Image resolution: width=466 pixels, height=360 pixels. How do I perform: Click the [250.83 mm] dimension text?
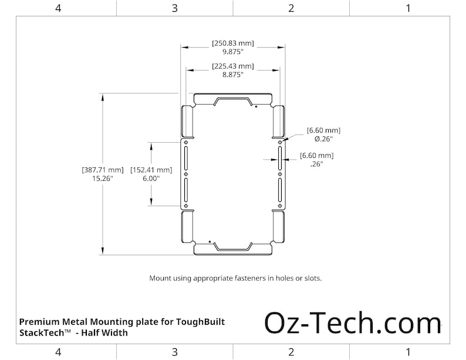pyautogui.click(x=233, y=43)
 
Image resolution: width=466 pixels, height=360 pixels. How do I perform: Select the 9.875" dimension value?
pyautogui.click(x=233, y=52)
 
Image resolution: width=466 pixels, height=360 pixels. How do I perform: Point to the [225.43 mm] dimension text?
pyautogui.click(x=233, y=66)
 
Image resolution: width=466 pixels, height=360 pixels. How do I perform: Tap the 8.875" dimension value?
pyautogui.click(x=233, y=75)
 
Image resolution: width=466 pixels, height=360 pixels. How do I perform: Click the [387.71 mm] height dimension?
pyautogui.click(x=103, y=169)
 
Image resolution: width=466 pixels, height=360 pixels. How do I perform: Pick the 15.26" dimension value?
pyautogui.click(x=103, y=178)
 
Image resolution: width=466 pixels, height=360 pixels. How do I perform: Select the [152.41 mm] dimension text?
pyautogui.click(x=151, y=169)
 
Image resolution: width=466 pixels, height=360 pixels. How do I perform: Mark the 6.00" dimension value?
pyautogui.click(x=151, y=178)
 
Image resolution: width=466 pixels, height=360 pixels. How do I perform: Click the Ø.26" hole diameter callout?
pyautogui.click(x=323, y=139)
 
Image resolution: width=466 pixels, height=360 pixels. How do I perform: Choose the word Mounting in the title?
pyautogui.click(x=114, y=322)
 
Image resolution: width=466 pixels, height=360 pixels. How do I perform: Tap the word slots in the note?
pyautogui.click(x=312, y=278)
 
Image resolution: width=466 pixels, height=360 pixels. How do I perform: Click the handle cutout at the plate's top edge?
pyautogui.click(x=233, y=101)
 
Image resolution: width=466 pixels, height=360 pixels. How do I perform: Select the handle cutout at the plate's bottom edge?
pyautogui.click(x=233, y=246)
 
